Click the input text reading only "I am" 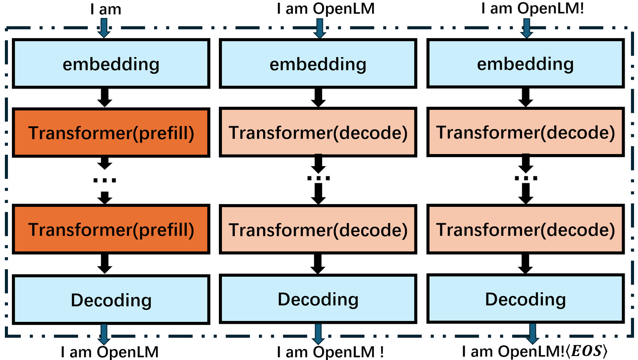(x=105, y=9)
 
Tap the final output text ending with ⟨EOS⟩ (x=534, y=352)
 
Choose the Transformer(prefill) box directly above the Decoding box (x=111, y=229)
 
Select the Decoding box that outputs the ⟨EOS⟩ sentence (x=525, y=299)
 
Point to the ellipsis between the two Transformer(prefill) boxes (x=105, y=180)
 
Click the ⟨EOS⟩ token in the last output (x=587, y=352)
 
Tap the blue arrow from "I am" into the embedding (x=103, y=29)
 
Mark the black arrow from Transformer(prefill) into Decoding (x=105, y=264)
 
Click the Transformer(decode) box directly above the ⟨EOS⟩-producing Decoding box (x=525, y=229)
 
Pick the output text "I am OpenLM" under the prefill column (x=109, y=352)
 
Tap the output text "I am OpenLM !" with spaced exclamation (x=330, y=352)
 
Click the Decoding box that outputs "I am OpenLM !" (x=318, y=299)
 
